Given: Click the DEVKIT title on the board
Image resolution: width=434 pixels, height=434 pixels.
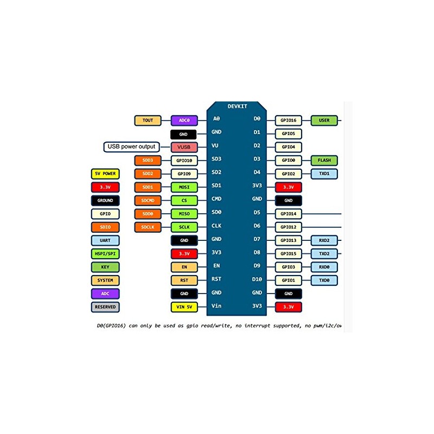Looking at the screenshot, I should click(x=238, y=106).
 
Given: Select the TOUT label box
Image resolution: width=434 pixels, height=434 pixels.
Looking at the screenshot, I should click(x=148, y=120).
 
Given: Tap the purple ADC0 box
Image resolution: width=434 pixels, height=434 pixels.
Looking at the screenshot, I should click(x=183, y=120).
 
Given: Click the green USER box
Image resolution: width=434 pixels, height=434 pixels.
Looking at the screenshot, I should click(x=324, y=120).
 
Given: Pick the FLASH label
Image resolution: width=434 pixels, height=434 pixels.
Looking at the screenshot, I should click(x=324, y=161).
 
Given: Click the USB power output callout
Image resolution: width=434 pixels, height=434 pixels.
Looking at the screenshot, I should click(x=131, y=146).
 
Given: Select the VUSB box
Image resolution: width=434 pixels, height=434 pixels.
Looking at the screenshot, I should click(x=183, y=147).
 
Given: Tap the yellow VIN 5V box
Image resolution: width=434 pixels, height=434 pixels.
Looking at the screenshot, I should click(x=183, y=307).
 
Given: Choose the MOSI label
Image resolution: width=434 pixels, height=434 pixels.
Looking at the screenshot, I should click(x=183, y=187).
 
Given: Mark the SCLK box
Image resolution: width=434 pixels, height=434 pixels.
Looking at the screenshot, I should click(x=183, y=227).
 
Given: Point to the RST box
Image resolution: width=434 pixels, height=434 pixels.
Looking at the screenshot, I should click(x=183, y=280).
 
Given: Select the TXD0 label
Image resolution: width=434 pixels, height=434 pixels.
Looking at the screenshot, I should click(x=324, y=280).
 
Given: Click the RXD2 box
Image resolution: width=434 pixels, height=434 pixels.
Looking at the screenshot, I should click(x=324, y=240).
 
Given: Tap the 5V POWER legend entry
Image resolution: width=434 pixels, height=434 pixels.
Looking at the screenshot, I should click(x=105, y=174).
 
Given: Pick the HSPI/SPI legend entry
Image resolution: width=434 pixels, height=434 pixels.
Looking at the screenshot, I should click(x=105, y=254).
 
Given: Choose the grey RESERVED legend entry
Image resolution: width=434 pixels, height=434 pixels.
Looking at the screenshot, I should click(x=105, y=307).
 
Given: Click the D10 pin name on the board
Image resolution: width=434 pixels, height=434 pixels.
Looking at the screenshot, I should click(x=257, y=280).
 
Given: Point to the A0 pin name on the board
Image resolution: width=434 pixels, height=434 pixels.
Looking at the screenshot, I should click(x=216, y=119).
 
